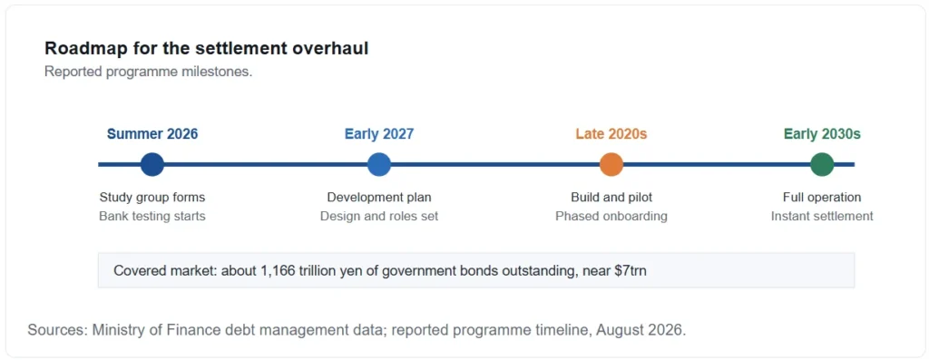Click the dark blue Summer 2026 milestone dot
point(152,165)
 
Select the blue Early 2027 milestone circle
point(379,165)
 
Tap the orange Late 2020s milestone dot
point(611,165)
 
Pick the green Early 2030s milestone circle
point(822,165)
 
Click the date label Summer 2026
point(152,134)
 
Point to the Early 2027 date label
point(379,134)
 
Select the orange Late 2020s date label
point(611,134)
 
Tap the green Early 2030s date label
point(822,134)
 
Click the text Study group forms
point(152,197)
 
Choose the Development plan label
point(379,197)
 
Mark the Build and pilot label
point(611,197)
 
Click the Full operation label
point(822,197)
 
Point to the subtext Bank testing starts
point(152,216)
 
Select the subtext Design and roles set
point(379,216)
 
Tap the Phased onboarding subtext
point(611,216)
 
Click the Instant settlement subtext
point(822,216)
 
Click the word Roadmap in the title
point(79,49)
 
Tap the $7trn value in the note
point(630,271)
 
